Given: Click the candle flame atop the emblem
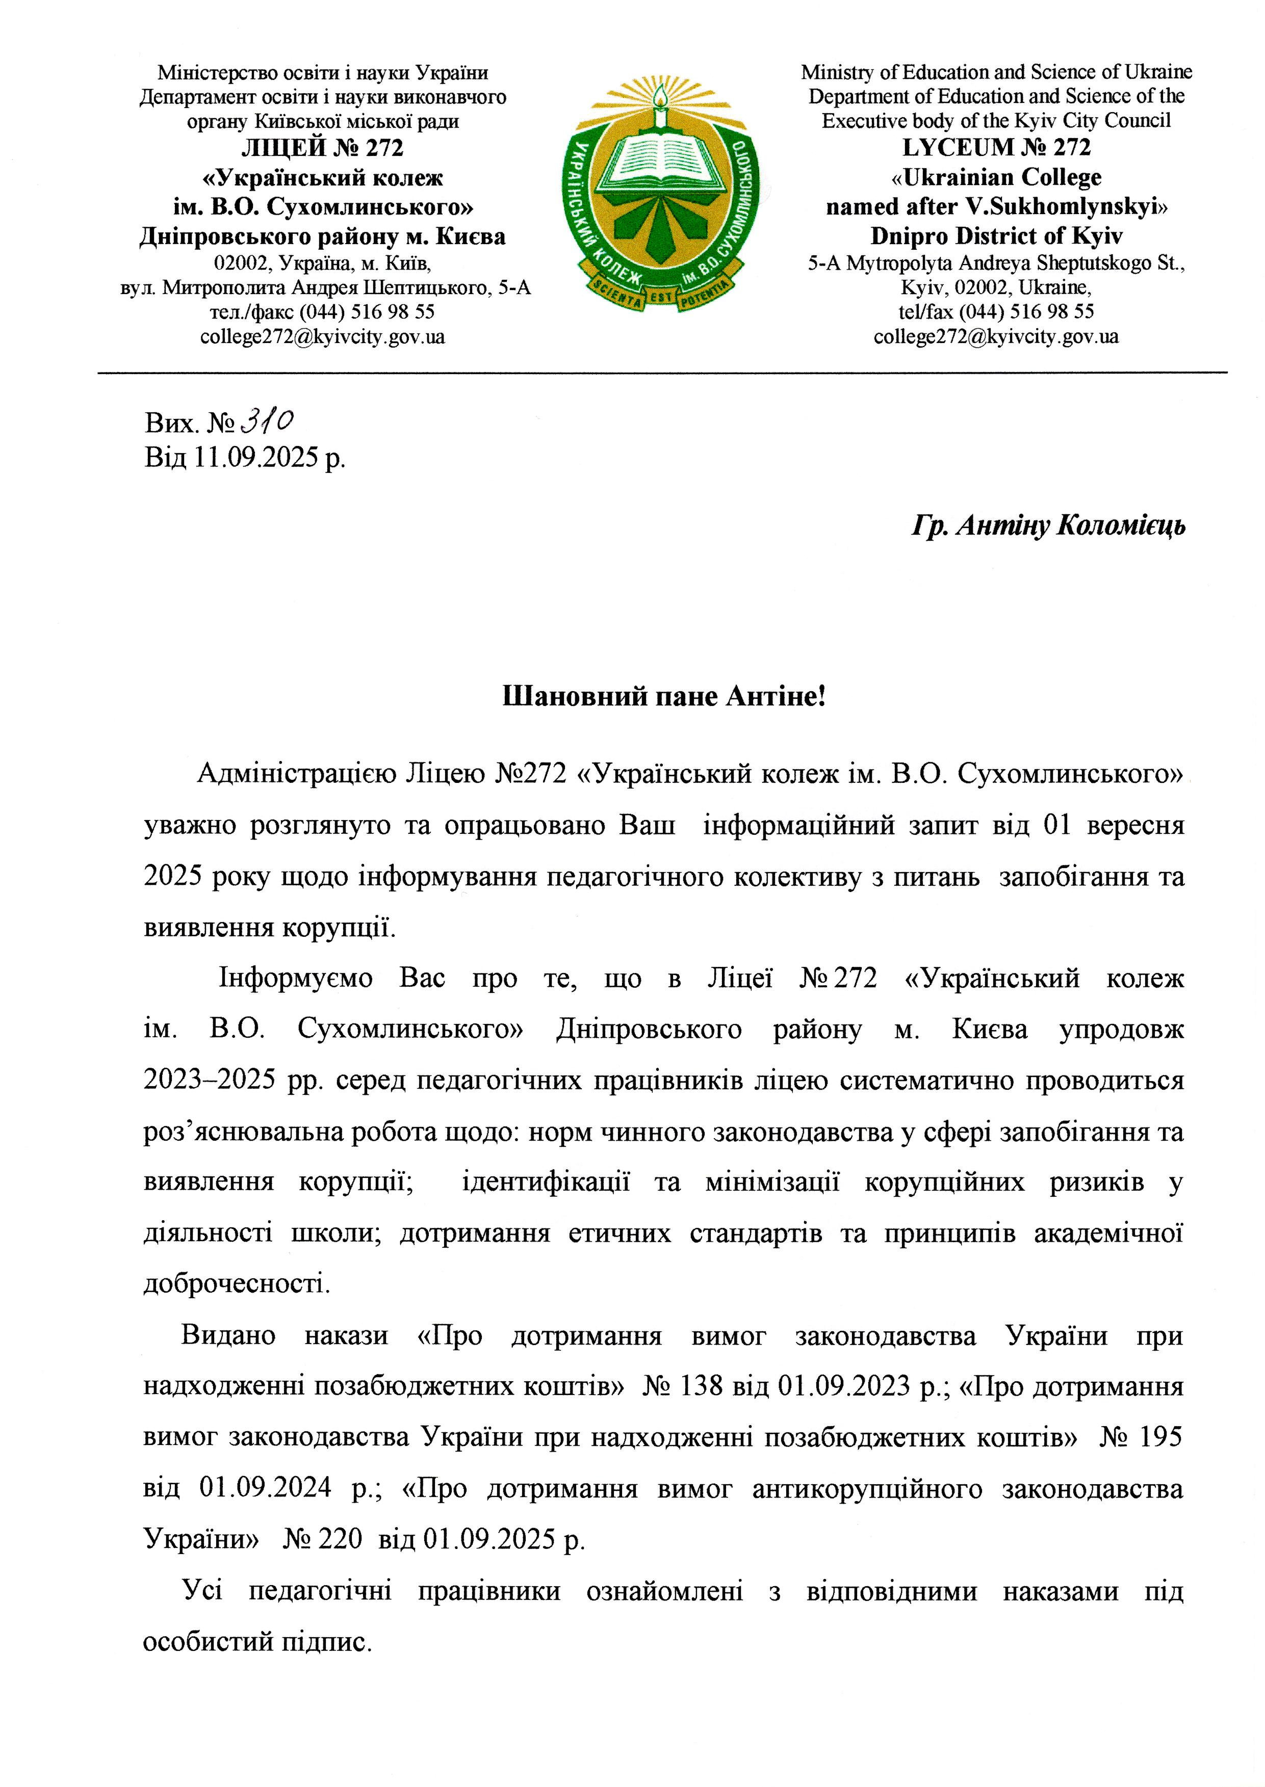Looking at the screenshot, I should coord(660,98).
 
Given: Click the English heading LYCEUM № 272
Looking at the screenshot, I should coord(996,147).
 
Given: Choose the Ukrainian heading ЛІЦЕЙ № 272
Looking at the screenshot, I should coord(322,148).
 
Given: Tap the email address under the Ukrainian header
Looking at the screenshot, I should coord(322,336).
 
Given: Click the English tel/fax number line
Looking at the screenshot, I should coord(996,311).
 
